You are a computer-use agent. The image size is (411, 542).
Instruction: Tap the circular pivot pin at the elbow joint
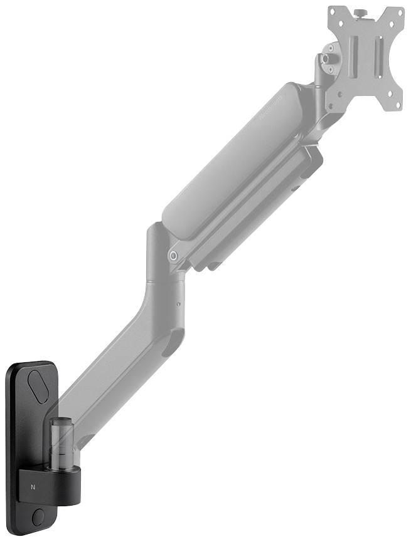(x=174, y=256)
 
